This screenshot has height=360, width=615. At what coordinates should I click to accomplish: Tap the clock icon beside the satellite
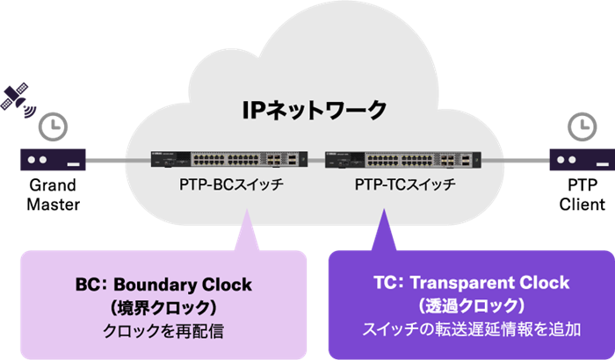[x=54, y=126]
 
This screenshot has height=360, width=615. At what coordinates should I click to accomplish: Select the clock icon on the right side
[x=579, y=126]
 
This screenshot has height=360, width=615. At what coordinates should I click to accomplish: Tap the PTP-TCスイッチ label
[x=394, y=186]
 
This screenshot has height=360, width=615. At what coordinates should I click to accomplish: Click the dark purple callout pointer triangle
[x=385, y=230]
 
